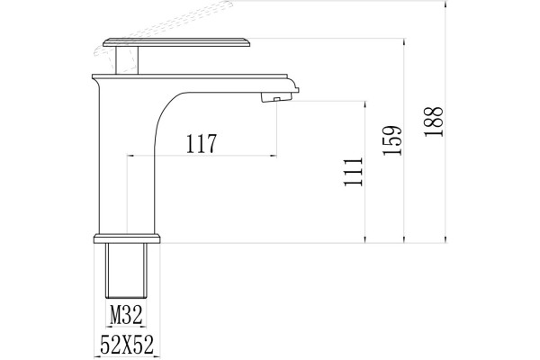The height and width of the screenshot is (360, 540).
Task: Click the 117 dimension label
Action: coord(202,143)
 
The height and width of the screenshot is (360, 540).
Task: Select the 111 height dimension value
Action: coord(354,172)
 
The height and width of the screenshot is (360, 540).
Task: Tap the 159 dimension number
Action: coord(393,140)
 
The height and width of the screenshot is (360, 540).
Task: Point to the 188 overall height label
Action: coord(434,121)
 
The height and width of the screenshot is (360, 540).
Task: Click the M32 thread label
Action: coord(126,315)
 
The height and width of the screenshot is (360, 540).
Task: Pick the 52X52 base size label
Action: coord(127,345)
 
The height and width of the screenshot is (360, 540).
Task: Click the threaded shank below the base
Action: coord(126,270)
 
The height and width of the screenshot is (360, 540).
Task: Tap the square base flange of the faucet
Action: coord(127,238)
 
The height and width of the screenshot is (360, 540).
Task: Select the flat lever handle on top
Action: coord(176,42)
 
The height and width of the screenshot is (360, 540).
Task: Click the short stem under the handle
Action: coord(127,60)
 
